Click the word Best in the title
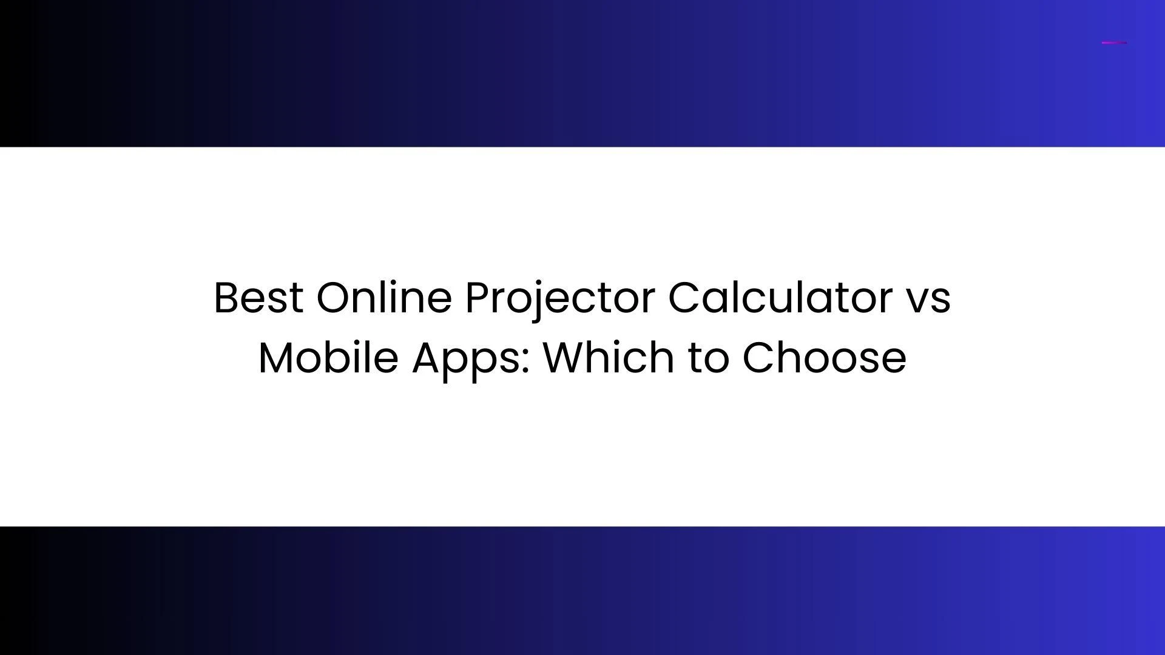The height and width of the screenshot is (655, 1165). tap(258, 298)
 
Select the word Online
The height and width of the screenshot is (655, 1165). tap(384, 298)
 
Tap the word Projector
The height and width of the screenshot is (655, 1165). tap(560, 298)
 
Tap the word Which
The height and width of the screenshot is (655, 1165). tap(609, 357)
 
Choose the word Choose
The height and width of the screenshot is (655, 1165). tap(824, 357)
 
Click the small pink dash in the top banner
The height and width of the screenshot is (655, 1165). tap(1114, 42)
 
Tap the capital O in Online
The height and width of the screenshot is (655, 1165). tap(333, 298)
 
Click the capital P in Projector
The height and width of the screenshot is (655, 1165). tap(476, 298)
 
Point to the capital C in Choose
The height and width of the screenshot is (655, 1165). tap(758, 358)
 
